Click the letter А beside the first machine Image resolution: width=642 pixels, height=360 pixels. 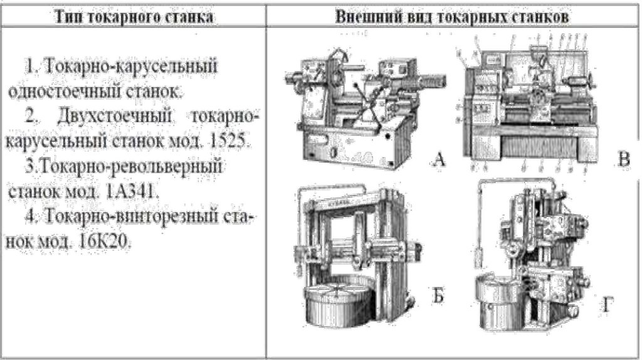click(439, 161)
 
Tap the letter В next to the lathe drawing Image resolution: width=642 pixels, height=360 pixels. click(623, 160)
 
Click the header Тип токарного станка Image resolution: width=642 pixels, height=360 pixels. click(134, 17)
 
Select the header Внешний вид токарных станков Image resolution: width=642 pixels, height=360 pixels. click(452, 17)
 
